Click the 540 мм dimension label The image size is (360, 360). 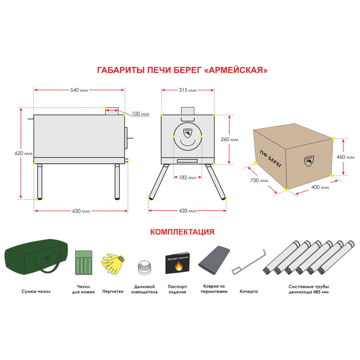point(79,90)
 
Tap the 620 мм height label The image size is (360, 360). point(23,153)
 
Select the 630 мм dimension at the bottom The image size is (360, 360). point(81,211)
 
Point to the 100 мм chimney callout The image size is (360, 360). point(140,114)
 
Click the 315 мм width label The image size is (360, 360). point(188,90)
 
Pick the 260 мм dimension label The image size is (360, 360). point(230,139)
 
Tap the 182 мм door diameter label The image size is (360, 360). point(188,177)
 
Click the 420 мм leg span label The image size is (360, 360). point(188,211)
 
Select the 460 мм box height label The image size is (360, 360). point(346,157)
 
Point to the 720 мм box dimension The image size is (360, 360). point(259,180)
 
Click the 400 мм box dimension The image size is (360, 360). point(320,187)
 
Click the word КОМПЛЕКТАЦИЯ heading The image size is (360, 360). point(182,232)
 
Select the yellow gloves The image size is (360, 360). point(113,264)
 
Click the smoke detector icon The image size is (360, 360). point(144,267)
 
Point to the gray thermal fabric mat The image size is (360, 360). point(214,260)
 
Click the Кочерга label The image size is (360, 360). point(249,291)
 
